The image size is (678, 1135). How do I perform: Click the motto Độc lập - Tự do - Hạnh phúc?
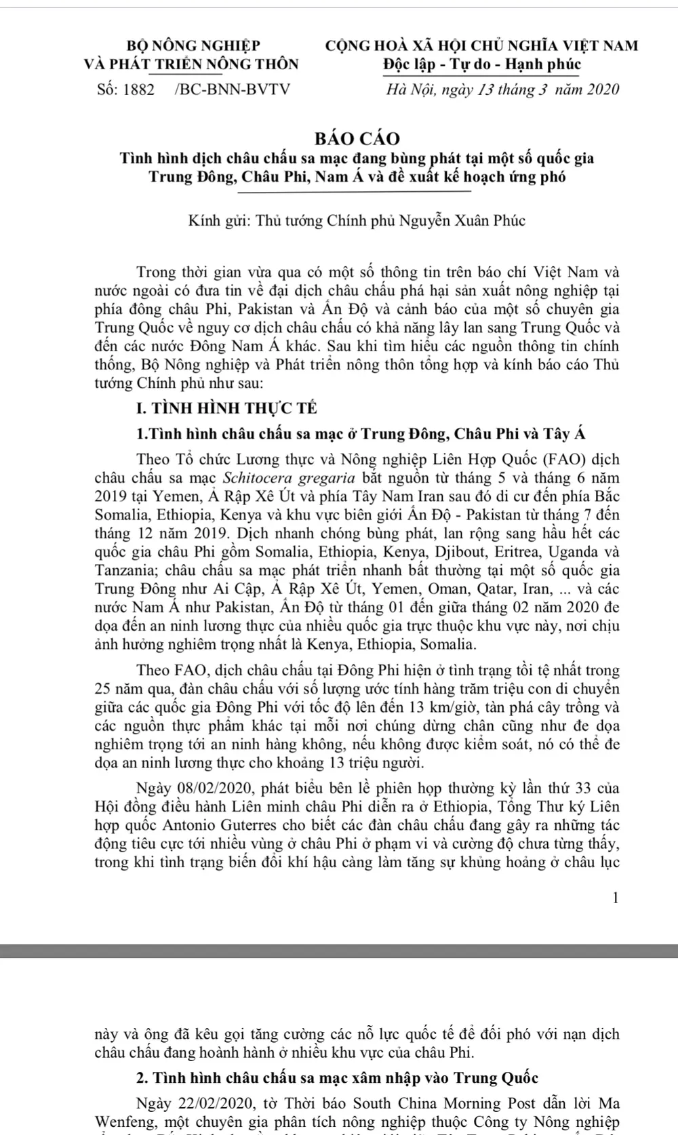click(481, 65)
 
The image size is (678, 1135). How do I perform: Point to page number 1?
click(615, 898)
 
